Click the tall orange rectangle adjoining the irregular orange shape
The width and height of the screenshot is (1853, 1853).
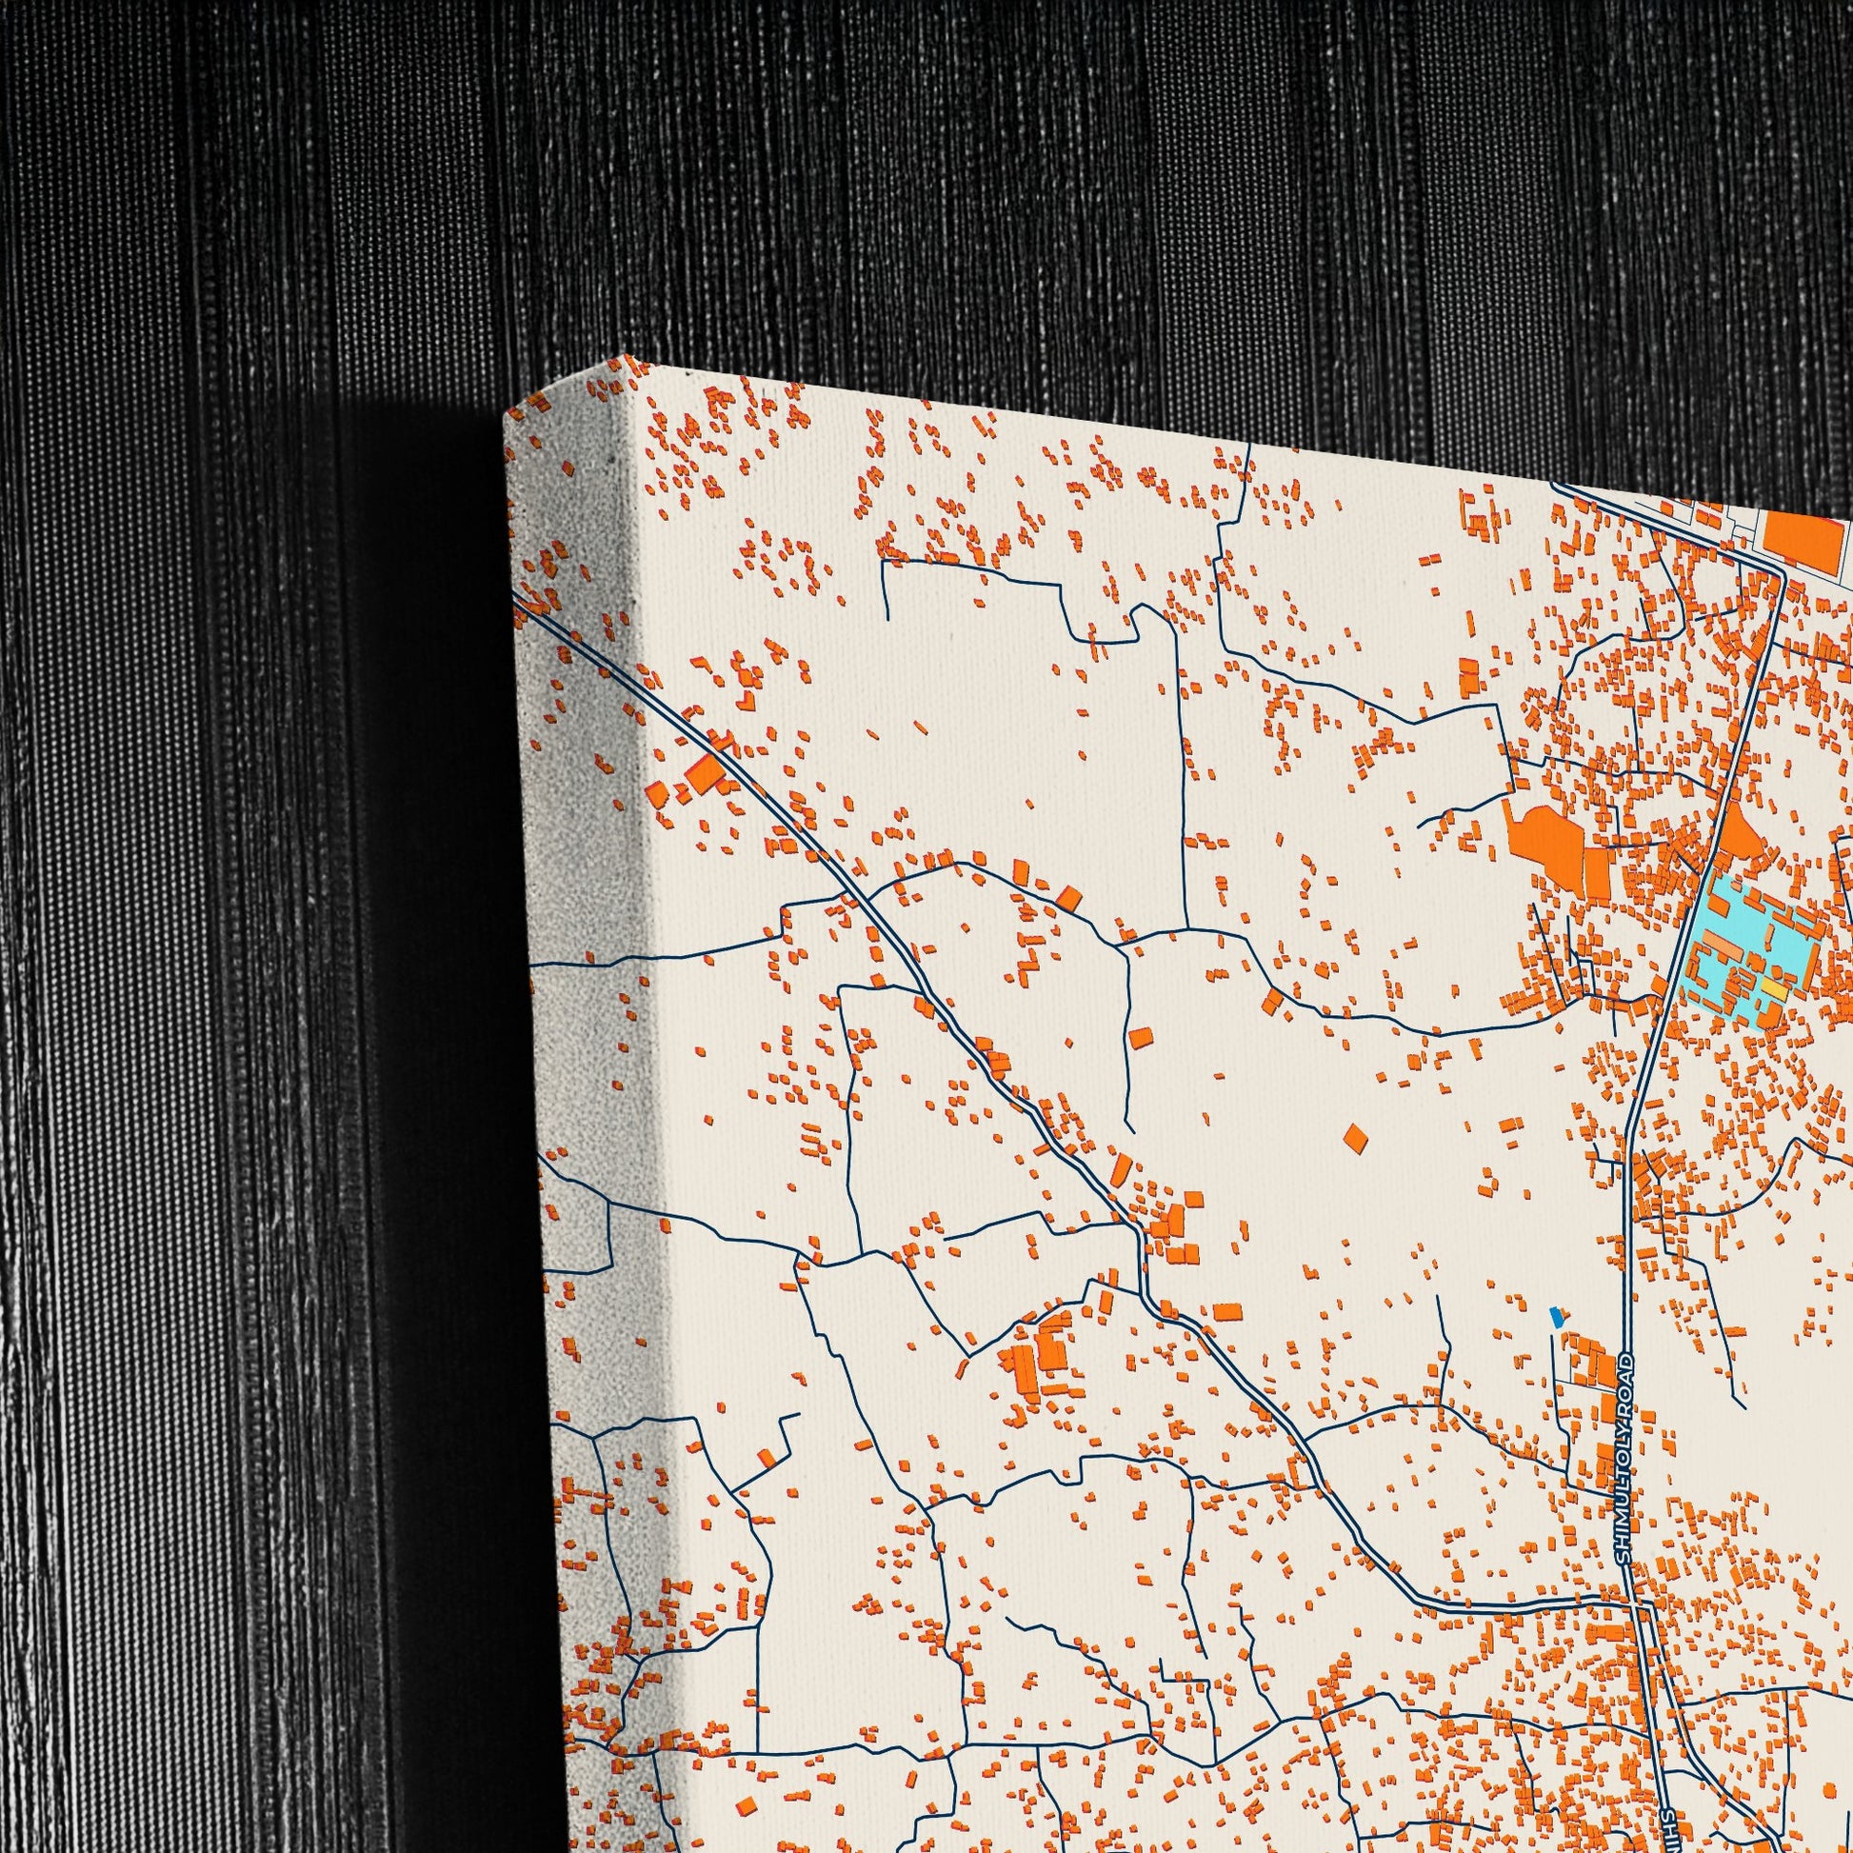click(1596, 872)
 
